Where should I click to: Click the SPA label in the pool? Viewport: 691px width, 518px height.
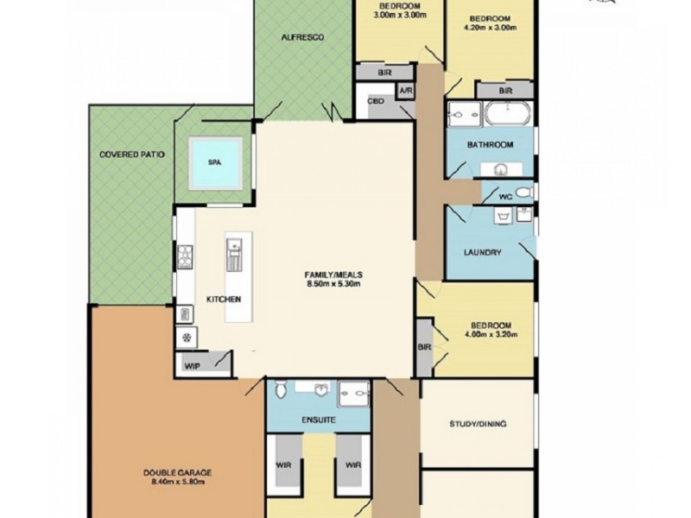point(212,161)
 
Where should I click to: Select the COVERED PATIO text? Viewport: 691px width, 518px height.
point(131,155)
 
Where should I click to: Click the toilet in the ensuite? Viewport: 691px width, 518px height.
point(280,393)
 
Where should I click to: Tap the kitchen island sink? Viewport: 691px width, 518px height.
point(233,253)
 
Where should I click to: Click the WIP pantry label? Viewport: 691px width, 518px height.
point(192,366)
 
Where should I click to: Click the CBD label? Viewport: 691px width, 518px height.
point(376,101)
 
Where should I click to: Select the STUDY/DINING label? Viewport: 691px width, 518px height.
point(478,424)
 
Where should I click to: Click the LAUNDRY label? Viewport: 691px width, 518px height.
point(483,252)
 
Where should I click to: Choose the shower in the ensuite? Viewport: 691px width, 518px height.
point(353,393)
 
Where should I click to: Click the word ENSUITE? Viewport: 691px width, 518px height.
point(318,420)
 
